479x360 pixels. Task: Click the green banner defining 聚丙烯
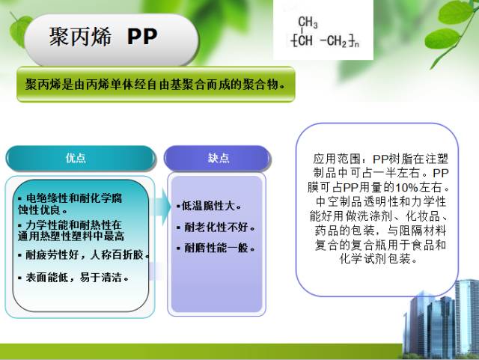pyautogui.click(x=155, y=84)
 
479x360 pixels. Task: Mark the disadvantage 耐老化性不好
pyautogui.click(x=216, y=227)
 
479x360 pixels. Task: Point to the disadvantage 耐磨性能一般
pyautogui.click(x=216, y=248)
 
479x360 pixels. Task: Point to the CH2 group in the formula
pyautogui.click(x=337, y=40)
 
